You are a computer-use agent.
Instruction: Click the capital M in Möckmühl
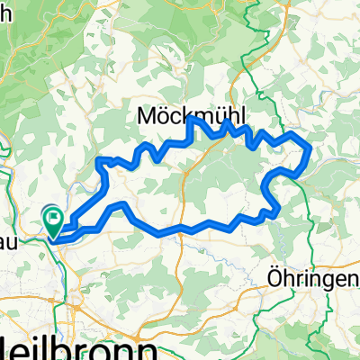148,115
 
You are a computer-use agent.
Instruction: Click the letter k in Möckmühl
185,115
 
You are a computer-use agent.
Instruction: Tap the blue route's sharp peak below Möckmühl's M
190,119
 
